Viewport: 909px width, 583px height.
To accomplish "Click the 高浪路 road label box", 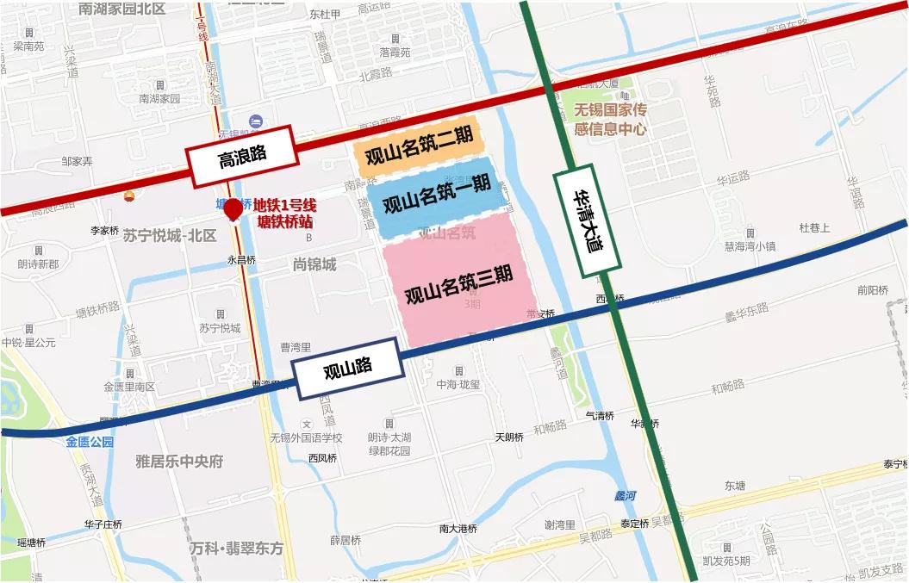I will [241, 156].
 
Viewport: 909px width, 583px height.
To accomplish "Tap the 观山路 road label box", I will [348, 369].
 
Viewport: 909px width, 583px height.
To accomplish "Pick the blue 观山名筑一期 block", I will [436, 197].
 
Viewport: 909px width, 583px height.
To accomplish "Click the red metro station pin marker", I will [233, 209].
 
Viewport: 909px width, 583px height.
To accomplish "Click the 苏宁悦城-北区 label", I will [170, 235].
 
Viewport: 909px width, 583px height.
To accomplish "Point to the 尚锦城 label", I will [314, 264].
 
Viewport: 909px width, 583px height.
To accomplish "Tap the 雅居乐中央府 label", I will [179, 462].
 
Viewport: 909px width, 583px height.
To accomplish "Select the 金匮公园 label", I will [90, 442].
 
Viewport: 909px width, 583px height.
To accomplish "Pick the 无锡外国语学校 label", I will [306, 437].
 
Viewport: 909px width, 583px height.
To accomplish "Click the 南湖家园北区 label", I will [134, 9].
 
